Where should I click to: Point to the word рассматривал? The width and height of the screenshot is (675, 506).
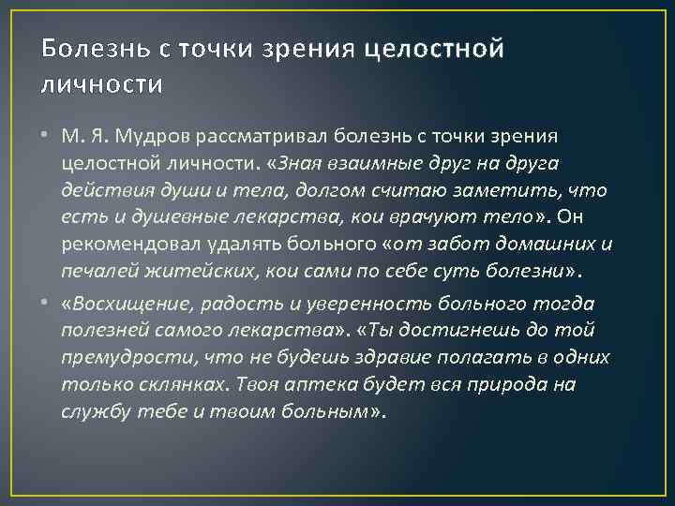pos(267,138)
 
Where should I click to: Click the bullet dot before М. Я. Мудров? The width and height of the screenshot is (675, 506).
pos(45,138)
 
